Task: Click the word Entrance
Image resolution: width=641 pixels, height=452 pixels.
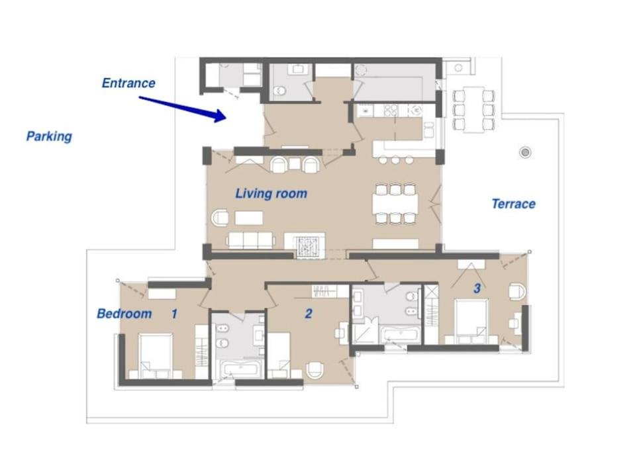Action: point(128,83)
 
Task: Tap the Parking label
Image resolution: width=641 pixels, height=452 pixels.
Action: point(49,136)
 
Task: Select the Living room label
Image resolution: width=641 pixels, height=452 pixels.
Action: point(271,193)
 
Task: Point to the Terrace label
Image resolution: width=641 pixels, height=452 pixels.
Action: point(513,204)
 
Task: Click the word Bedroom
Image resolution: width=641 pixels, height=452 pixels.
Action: point(124,314)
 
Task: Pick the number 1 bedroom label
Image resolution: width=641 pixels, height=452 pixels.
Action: point(174,314)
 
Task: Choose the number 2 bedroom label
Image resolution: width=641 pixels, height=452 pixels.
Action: point(309,314)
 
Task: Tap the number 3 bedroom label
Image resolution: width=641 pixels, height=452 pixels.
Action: point(477,288)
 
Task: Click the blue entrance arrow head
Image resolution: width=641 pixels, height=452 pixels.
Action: point(220,116)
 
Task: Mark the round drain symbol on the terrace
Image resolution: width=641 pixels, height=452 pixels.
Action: point(525,152)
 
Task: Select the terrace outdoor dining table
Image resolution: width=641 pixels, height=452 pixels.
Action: point(474,110)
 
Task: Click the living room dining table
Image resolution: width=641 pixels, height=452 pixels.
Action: point(395,203)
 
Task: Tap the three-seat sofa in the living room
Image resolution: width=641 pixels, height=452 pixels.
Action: point(250,240)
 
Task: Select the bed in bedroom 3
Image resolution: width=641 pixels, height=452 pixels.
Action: point(471,322)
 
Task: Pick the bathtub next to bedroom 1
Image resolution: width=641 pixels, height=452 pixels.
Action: point(240,369)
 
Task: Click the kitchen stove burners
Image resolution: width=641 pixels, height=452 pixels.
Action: point(391,110)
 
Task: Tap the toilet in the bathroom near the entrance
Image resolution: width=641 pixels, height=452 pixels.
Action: point(279,90)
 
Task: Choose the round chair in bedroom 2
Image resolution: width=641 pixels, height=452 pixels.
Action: point(315,370)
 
